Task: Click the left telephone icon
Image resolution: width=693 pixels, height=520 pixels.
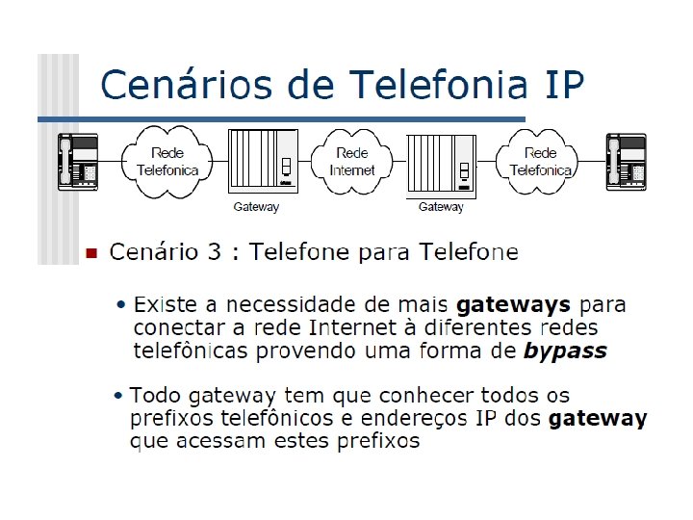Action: click(x=79, y=160)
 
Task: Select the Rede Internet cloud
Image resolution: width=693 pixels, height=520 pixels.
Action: click(x=352, y=161)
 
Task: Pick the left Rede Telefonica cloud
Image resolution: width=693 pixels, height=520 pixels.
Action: click(x=168, y=161)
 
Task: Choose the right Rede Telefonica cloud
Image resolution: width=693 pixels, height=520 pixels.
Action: click(x=540, y=161)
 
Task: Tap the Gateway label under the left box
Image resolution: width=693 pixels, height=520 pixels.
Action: click(x=256, y=207)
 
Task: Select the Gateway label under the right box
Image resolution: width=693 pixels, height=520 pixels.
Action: click(x=441, y=207)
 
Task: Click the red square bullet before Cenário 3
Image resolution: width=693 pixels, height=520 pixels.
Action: click(x=90, y=254)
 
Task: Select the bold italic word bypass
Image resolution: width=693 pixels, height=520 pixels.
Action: click(x=565, y=351)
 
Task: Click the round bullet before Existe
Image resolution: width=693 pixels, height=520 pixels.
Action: click(x=121, y=305)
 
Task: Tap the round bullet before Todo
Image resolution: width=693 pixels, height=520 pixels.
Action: click(x=117, y=396)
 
